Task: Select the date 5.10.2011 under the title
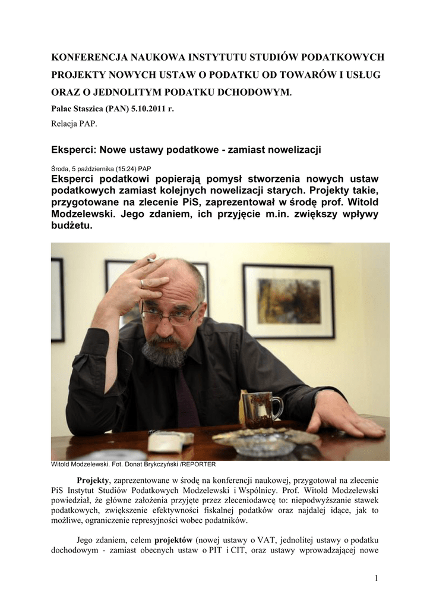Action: pos(146,109)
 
